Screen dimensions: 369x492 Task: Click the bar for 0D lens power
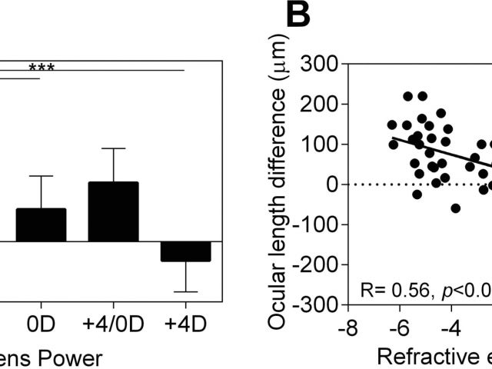(x=41, y=224)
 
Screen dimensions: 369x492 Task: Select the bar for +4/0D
(x=114, y=211)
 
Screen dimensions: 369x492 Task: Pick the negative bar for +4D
(x=186, y=251)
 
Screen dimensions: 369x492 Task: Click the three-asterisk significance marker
(x=42, y=68)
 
